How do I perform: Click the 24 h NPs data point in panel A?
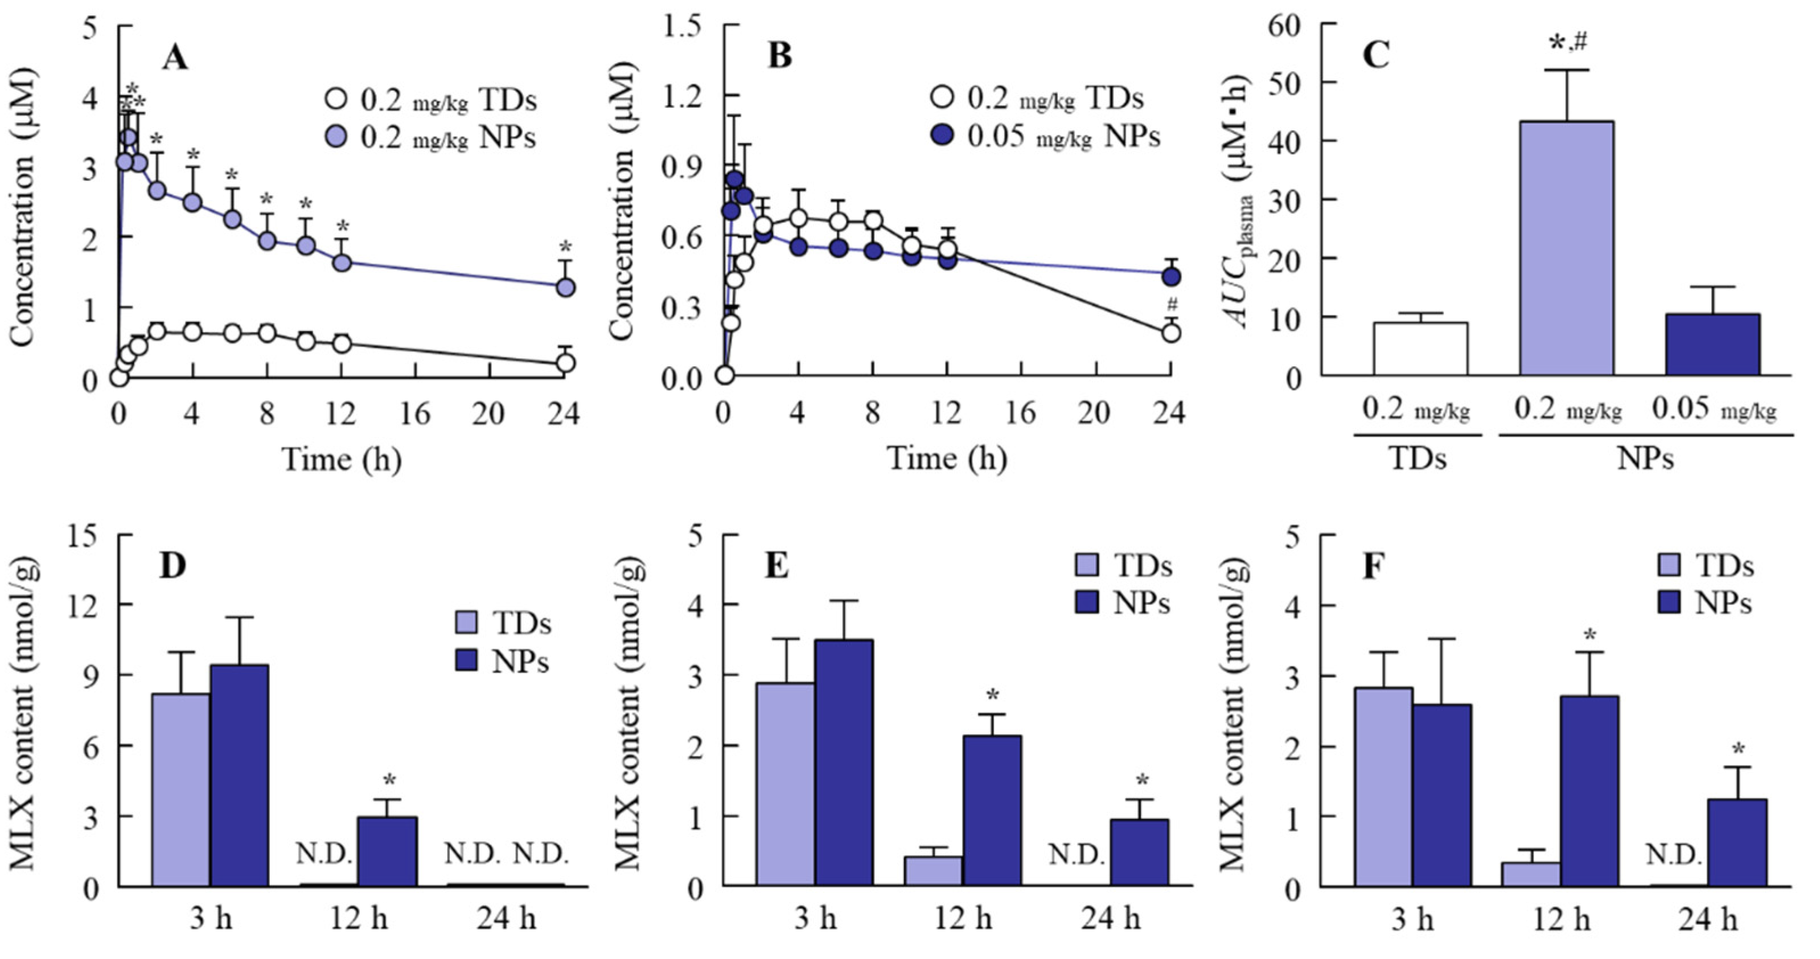[565, 287]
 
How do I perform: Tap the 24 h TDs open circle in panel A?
[565, 363]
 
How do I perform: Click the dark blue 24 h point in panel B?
[1170, 277]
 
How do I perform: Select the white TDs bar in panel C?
[1420, 349]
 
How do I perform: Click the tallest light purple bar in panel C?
[1566, 247]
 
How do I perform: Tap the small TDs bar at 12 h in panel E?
[932, 871]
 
